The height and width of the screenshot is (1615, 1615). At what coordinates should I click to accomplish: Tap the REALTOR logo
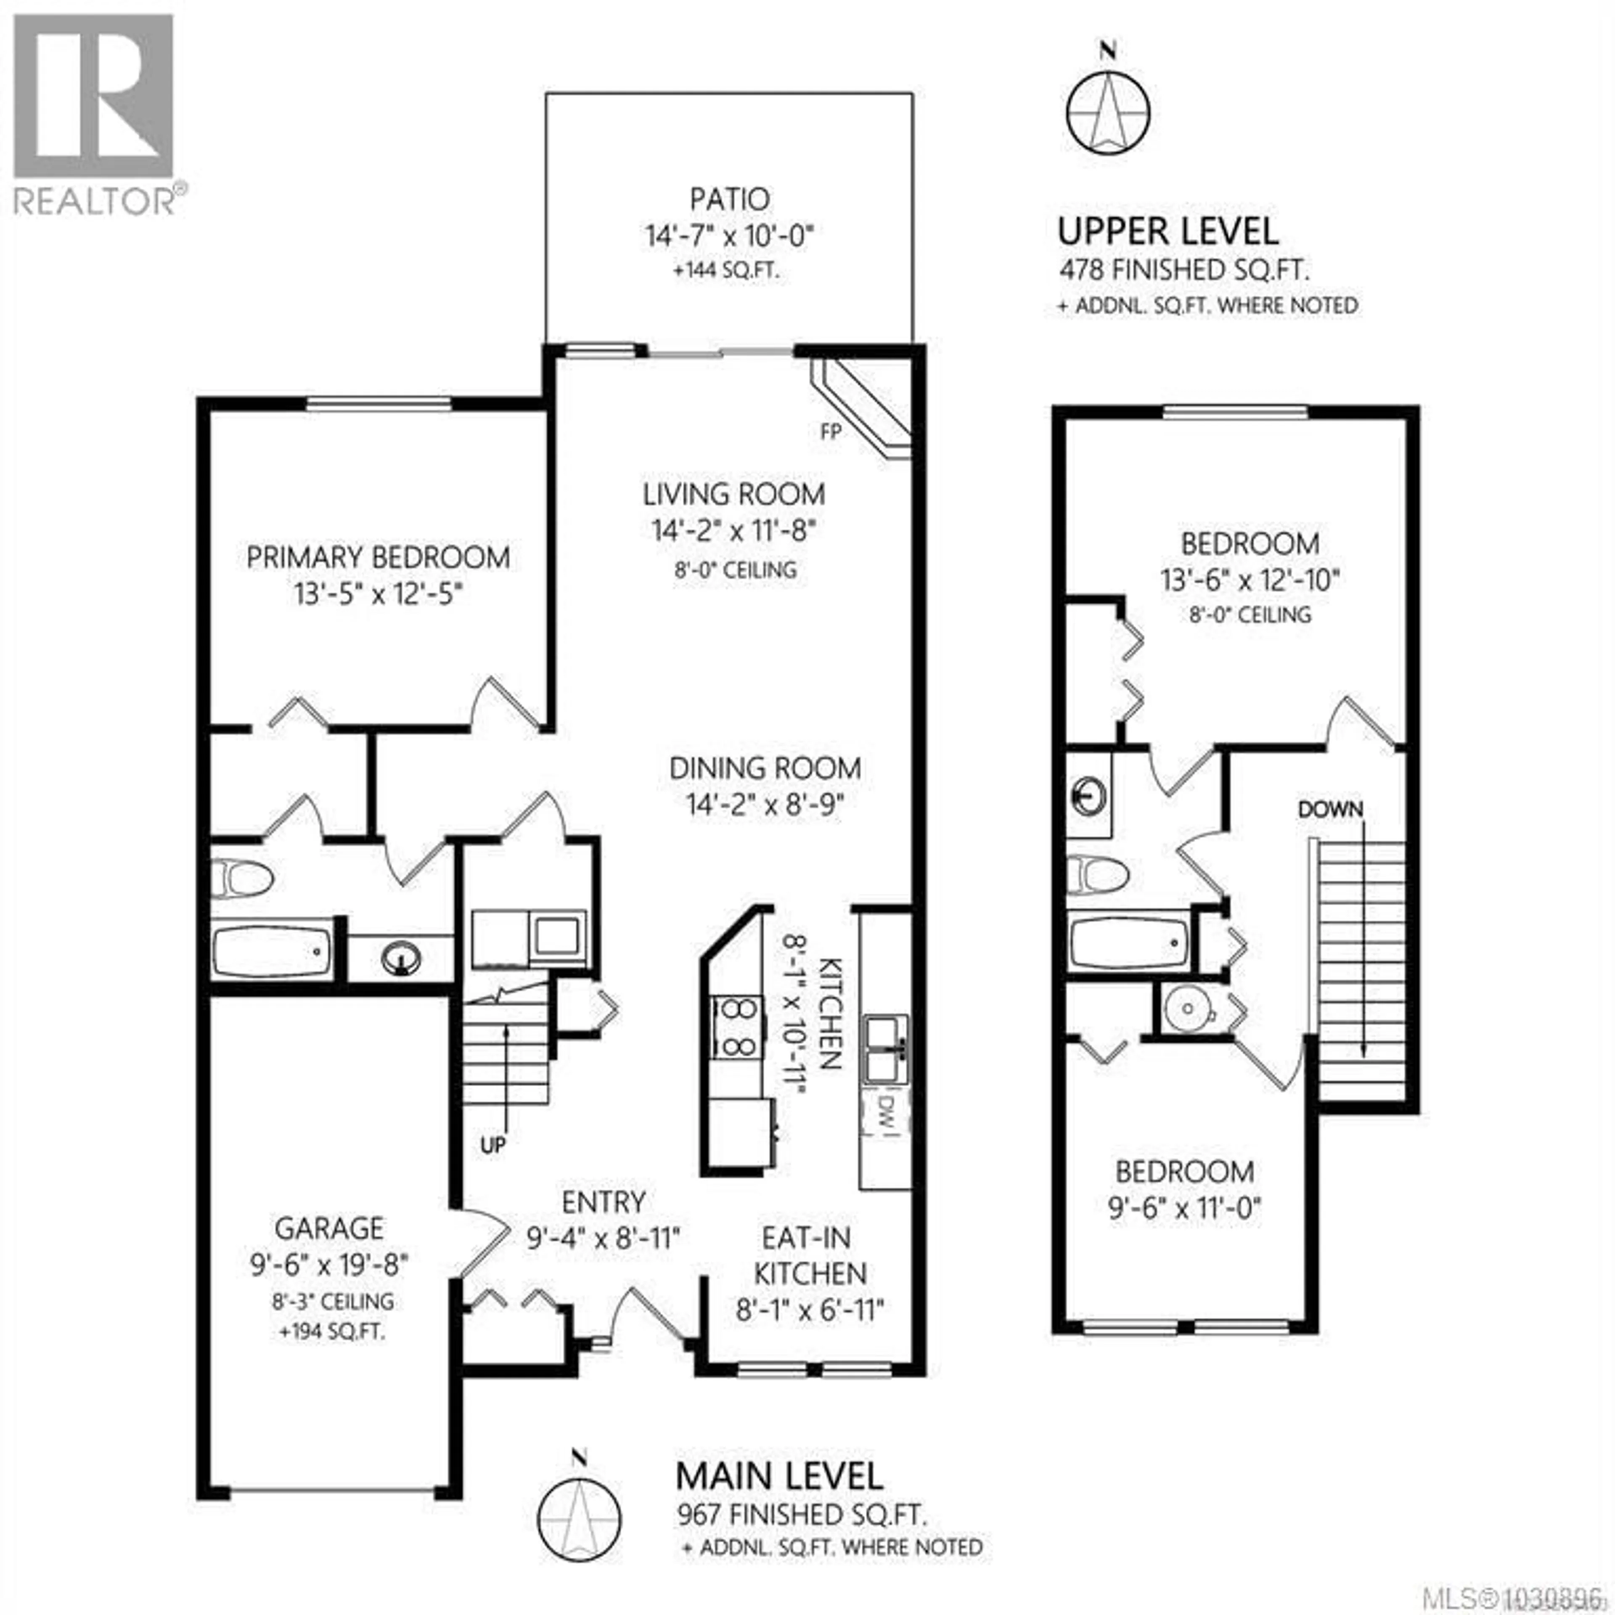[x=94, y=113]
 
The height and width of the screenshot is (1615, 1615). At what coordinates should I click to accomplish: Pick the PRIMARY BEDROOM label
[x=378, y=558]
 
